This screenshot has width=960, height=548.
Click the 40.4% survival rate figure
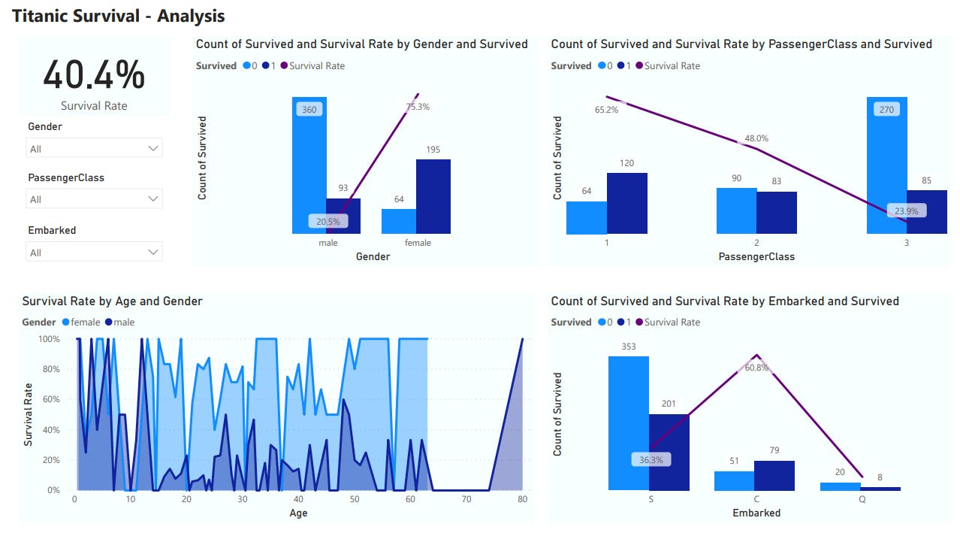[x=94, y=75]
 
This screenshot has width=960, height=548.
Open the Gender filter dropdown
[x=94, y=149]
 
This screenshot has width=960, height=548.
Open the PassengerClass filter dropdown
[x=94, y=199]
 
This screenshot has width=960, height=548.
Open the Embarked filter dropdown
[x=94, y=253]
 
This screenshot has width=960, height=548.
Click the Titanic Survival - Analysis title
[x=119, y=16]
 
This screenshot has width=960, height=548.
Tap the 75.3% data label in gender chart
[x=418, y=107]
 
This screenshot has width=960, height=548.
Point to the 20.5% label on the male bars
[x=328, y=222]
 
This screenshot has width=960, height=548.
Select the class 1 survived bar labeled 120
[x=626, y=203]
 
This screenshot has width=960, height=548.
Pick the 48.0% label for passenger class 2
[x=756, y=138]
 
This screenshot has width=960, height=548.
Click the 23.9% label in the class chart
[x=906, y=211]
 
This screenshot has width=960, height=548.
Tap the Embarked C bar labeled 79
[x=774, y=476]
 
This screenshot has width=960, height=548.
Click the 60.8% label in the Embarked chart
[x=756, y=368]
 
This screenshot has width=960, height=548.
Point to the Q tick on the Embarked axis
[x=862, y=499]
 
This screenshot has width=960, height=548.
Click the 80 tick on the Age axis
[x=522, y=499]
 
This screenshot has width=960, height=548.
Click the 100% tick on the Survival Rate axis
[x=50, y=339]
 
